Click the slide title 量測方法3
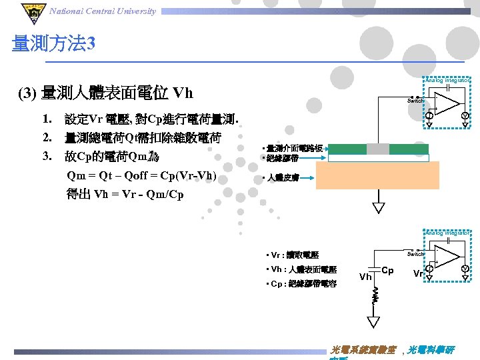click(54, 45)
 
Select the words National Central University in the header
click(103, 11)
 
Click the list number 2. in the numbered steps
click(47, 138)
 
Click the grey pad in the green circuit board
click(378, 149)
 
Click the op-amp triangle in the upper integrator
click(449, 103)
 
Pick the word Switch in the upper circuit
click(415, 101)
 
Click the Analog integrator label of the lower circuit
click(448, 233)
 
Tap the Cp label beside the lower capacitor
click(387, 271)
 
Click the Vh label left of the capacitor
click(365, 276)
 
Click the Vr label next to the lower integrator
click(417, 273)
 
